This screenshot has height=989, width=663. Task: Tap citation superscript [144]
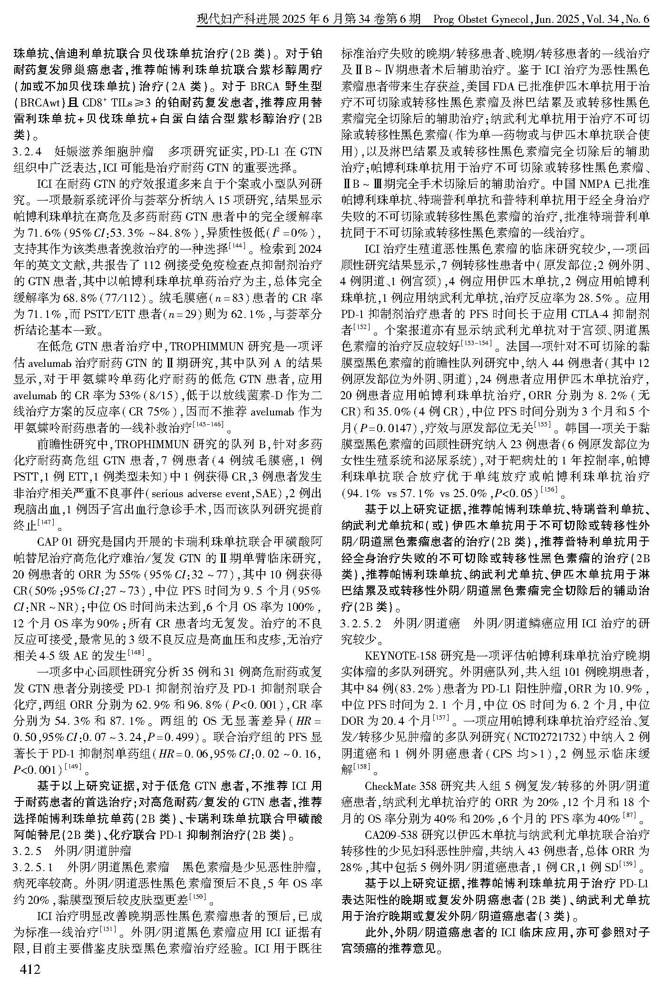pos(236,245)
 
